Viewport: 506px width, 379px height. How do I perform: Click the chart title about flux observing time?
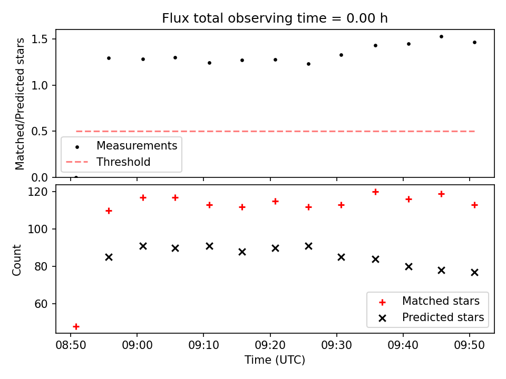pyautogui.click(x=275, y=18)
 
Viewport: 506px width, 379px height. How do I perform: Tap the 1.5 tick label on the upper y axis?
pyautogui.click(x=40, y=39)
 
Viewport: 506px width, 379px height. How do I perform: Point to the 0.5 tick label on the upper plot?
pyautogui.click(x=40, y=132)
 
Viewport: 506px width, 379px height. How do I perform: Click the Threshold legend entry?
pyautogui.click(x=108, y=162)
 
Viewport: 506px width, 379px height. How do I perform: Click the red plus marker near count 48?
pyautogui.click(x=76, y=327)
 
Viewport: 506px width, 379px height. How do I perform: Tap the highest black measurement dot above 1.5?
pyautogui.click(x=442, y=37)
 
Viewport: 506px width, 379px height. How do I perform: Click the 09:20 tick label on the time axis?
pyautogui.click(x=270, y=345)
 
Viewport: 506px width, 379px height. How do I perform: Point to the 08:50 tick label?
pyautogui.click(x=71, y=345)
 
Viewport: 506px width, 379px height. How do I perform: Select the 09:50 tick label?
pyautogui.click(x=469, y=345)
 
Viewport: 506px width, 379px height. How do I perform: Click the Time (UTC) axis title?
pyautogui.click(x=275, y=360)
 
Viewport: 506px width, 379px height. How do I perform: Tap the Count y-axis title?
pyautogui.click(x=17, y=260)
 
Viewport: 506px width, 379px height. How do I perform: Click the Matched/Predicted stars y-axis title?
pyautogui.click(x=20, y=104)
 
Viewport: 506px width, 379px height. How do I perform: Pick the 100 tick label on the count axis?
pyautogui.click(x=38, y=229)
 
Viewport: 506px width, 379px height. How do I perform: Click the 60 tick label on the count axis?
pyautogui.click(x=41, y=304)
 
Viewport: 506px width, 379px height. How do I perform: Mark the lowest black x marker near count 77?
pyautogui.click(x=474, y=273)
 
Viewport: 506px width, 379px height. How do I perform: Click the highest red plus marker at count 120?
pyautogui.click(x=375, y=192)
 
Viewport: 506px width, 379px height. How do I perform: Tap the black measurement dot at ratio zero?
pyautogui.click(x=76, y=177)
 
